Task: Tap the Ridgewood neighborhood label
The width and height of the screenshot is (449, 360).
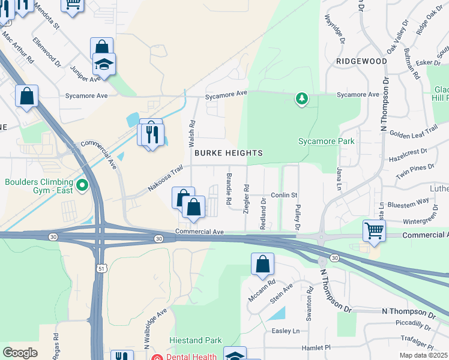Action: [361, 61]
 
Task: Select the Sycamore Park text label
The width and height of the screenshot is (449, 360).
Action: [327, 142]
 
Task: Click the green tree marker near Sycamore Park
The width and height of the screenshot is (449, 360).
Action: [302, 98]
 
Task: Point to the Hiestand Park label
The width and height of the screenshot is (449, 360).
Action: [196, 340]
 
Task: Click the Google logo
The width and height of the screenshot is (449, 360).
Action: [20, 353]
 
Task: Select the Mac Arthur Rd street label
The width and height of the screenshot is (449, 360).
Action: [17, 46]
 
